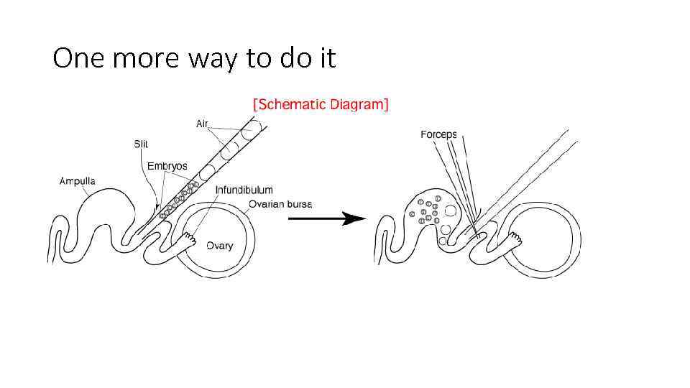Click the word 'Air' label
202,124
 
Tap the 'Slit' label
141,144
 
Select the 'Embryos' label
167,166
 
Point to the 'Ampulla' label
77,181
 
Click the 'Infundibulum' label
244,190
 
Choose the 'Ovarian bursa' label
280,204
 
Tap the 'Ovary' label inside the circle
219,246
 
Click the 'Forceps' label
438,135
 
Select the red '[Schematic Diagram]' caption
321,104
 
